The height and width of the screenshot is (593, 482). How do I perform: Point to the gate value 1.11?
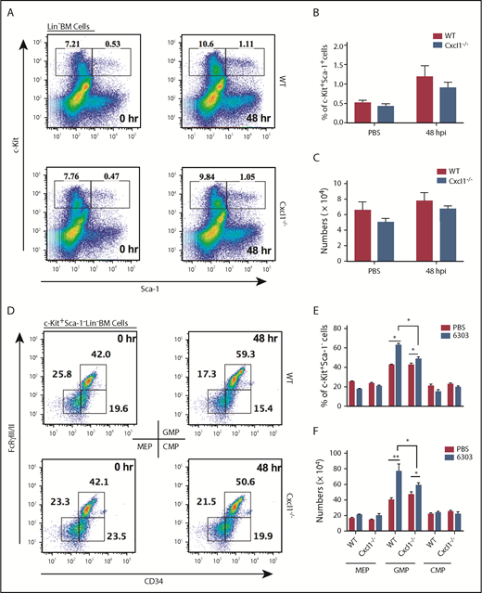click(216, 44)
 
